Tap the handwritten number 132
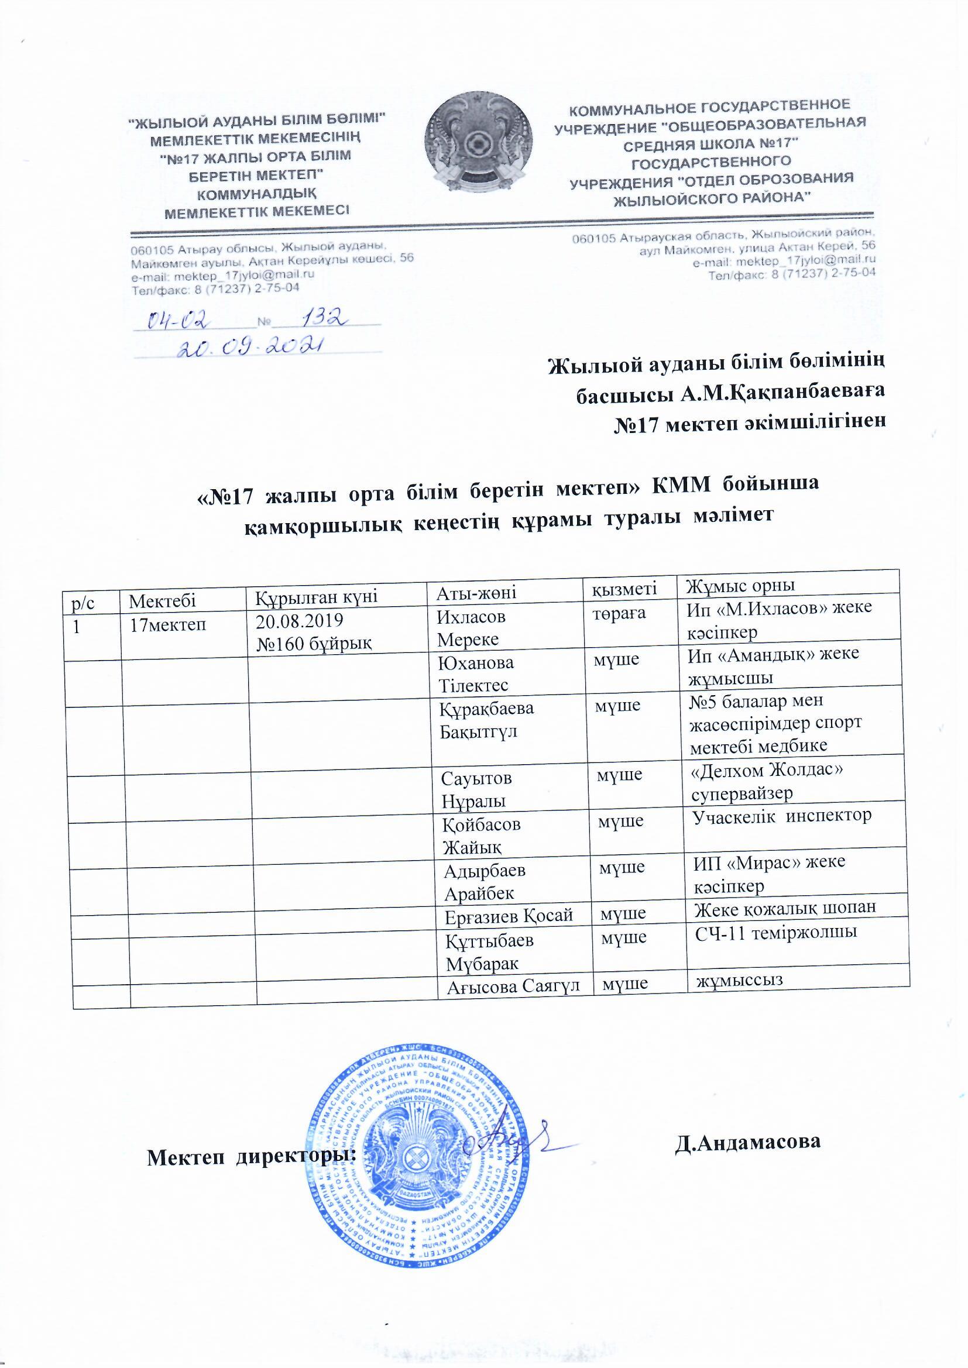[x=324, y=320]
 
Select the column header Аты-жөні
[x=477, y=592]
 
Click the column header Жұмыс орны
[x=741, y=585]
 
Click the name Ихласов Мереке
[x=472, y=627]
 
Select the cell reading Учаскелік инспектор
[x=781, y=816]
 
